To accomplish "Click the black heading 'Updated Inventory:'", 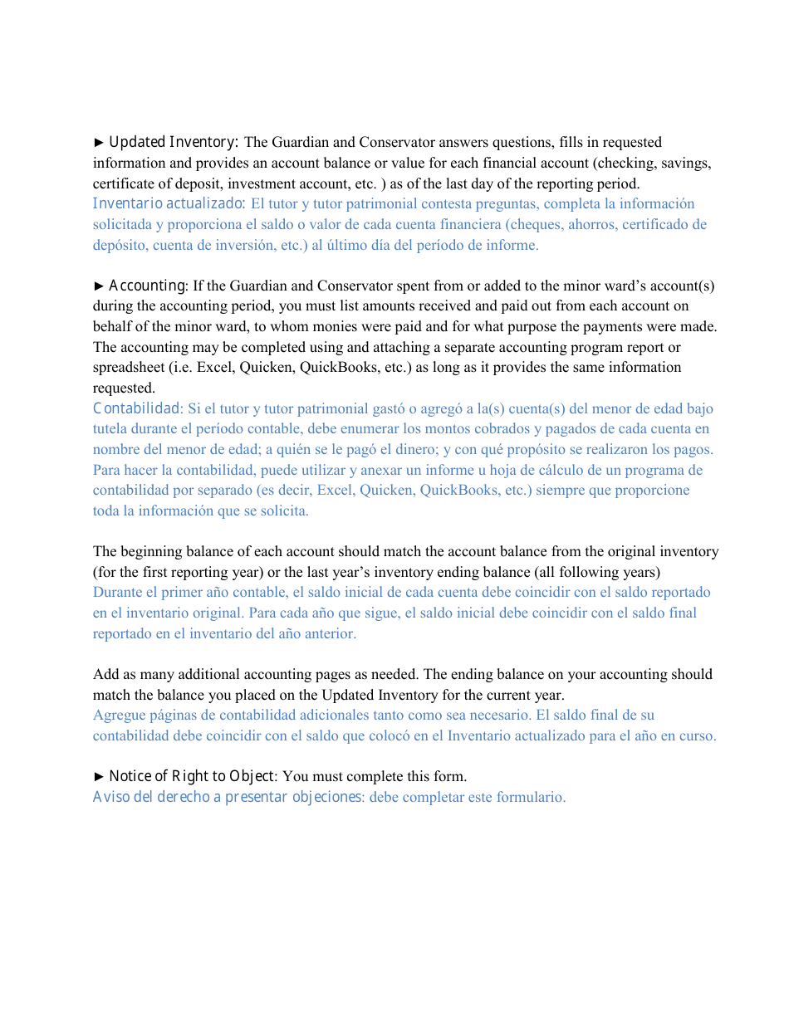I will [x=174, y=143].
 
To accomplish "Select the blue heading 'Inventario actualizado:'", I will [x=169, y=204].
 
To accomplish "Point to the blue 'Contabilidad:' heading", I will [x=138, y=408].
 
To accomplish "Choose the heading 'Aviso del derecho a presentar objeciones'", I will [x=228, y=798].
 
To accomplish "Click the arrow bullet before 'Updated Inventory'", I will [x=99, y=143].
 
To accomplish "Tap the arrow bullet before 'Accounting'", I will [x=99, y=286].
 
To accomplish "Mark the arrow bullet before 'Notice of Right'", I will [x=99, y=777].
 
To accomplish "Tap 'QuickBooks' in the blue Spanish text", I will [x=455, y=491].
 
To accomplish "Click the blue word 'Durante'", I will [x=117, y=593].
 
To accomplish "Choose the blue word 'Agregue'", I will [x=119, y=716].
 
